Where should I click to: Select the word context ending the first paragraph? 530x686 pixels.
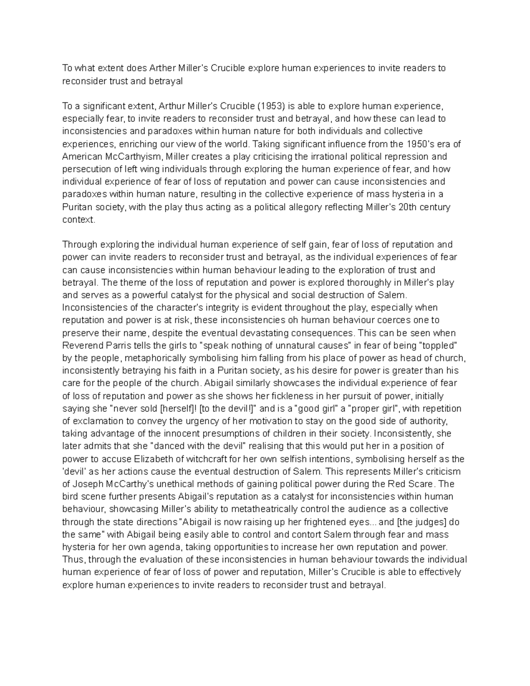pos(78,220)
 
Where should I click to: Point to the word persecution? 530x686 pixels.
pos(86,169)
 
